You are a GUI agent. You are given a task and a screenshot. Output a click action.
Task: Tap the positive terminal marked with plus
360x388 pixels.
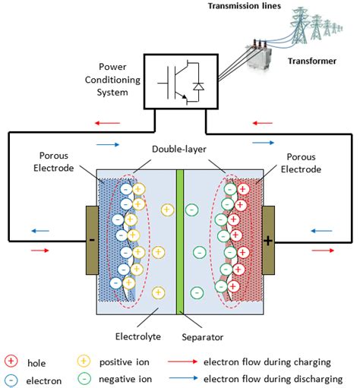click(x=269, y=241)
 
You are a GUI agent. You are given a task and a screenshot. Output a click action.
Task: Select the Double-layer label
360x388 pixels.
click(x=182, y=150)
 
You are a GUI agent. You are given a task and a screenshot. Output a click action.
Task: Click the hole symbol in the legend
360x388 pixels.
click(x=11, y=361)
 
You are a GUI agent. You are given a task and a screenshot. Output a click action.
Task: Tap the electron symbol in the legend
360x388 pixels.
click(x=11, y=379)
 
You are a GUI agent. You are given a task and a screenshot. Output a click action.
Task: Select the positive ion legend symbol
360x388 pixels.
click(x=85, y=361)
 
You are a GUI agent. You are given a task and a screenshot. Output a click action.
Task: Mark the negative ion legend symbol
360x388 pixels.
click(x=85, y=379)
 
